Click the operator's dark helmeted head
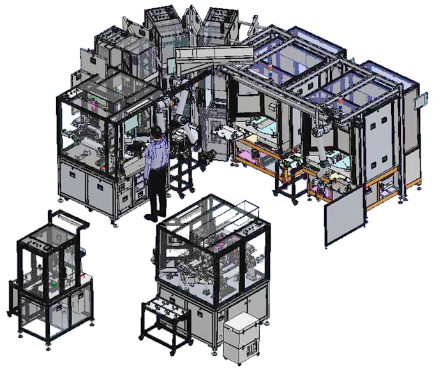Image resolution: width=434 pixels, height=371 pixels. pyautogui.click(x=155, y=132)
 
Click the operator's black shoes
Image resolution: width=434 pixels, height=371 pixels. pyautogui.click(x=151, y=217)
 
